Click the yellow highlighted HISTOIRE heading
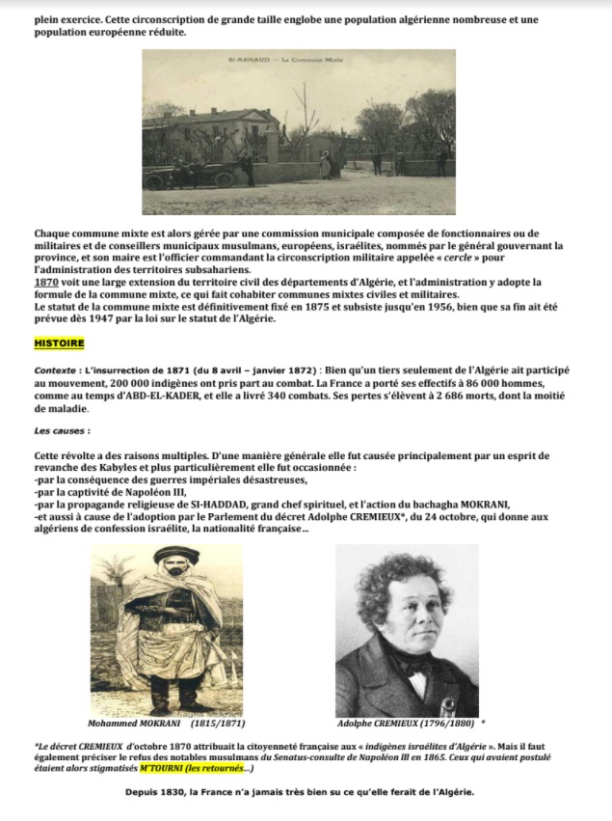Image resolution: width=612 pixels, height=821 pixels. pyautogui.click(x=60, y=343)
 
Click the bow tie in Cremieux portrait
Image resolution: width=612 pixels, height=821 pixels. pyautogui.click(x=421, y=665)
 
